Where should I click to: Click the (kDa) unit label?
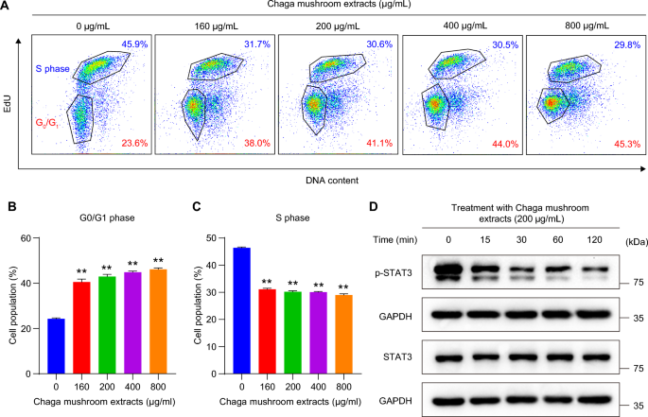pyautogui.click(x=629, y=240)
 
